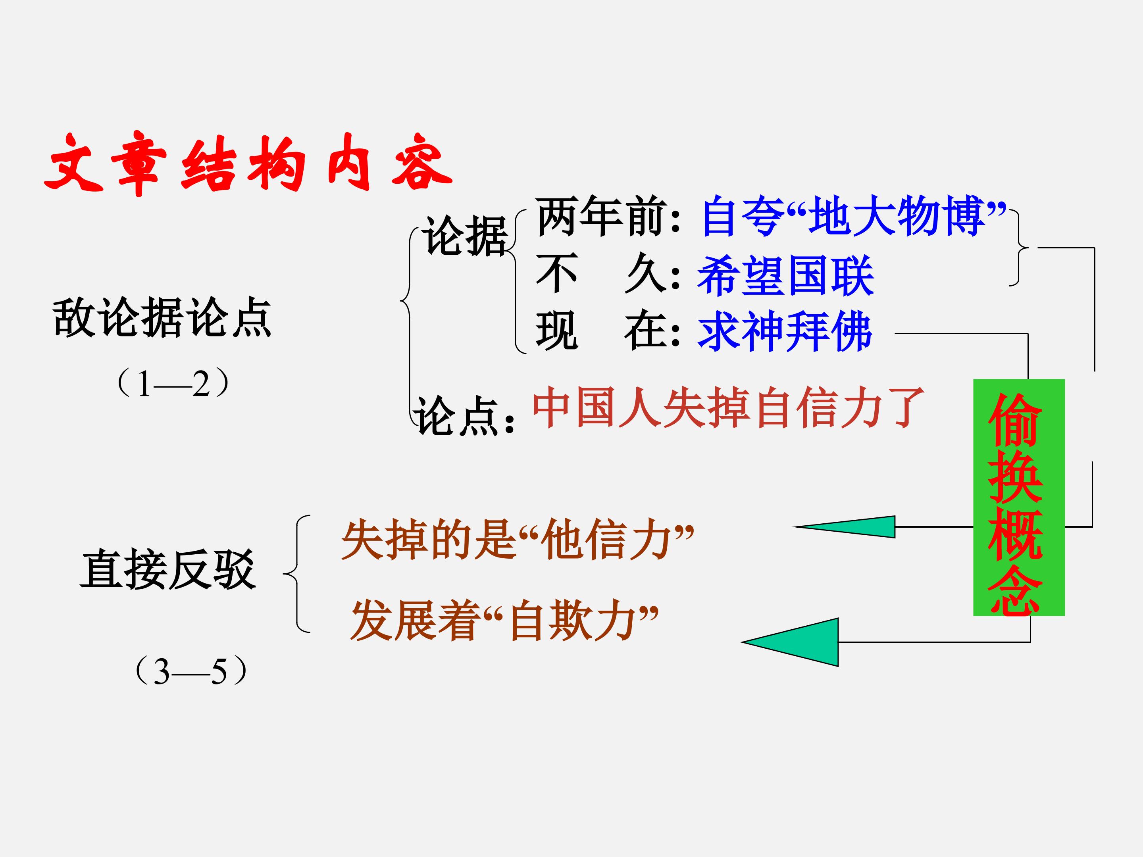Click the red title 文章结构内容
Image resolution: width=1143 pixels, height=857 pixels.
click(248, 163)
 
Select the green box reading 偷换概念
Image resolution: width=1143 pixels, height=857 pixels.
click(1019, 498)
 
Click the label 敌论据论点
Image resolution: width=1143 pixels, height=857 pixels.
click(162, 317)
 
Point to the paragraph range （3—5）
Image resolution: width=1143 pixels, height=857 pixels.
click(190, 671)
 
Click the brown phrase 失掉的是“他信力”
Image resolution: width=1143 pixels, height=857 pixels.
click(517, 539)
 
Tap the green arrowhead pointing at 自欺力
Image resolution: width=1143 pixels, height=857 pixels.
click(791, 642)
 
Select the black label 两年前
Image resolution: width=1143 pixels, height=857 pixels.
click(599, 217)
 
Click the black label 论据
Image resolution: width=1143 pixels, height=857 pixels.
click(464, 236)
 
